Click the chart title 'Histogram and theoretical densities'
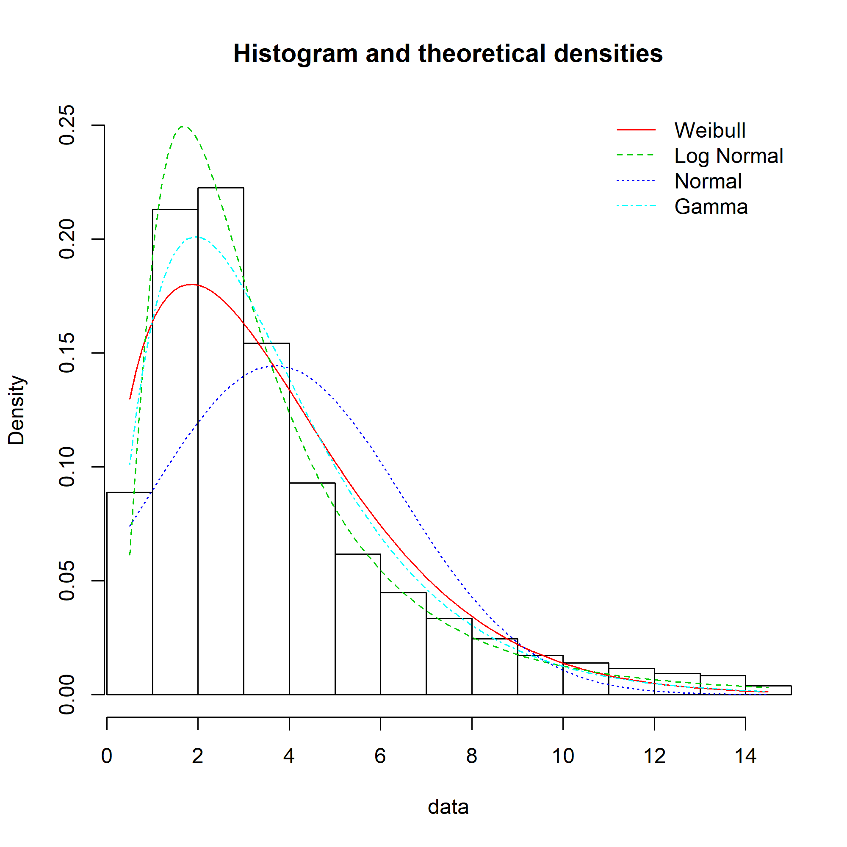(448, 53)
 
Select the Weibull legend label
(710, 130)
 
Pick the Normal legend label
(708, 181)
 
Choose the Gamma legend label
(711, 207)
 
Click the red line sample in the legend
(636, 130)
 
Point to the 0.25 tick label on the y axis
(67, 125)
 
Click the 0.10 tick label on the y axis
(67, 467)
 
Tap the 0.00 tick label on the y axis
(67, 695)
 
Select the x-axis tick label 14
(745, 756)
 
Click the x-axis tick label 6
(380, 756)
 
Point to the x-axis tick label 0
(107, 756)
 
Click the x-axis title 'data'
(448, 807)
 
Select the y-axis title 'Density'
(17, 410)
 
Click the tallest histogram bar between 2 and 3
(221, 438)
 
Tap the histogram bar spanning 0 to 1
(129, 592)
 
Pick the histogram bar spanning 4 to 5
(312, 587)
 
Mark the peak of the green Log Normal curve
(183, 127)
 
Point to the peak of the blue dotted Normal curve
(278, 365)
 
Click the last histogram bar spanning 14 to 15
(768, 690)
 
